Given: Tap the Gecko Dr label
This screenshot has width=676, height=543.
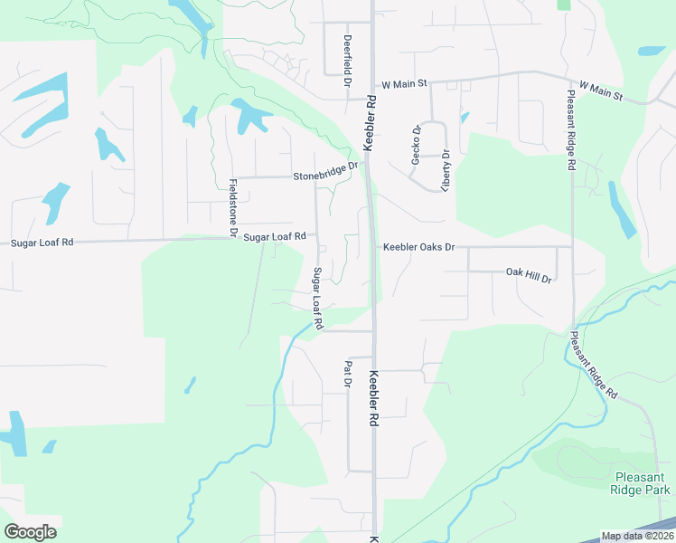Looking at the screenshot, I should tap(417, 142).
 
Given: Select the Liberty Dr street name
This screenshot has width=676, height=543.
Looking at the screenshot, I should tap(446, 169).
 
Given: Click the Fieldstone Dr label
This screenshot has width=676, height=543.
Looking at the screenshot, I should tap(232, 207).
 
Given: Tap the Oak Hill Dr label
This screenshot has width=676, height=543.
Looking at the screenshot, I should tap(528, 274).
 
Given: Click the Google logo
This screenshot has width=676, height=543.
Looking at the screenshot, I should tap(30, 531).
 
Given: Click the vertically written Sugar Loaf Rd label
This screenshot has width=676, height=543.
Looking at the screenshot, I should tap(317, 298).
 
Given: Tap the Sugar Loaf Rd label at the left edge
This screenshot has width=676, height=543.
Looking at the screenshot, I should tap(42, 243).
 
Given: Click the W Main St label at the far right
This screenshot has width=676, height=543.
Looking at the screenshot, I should tap(601, 90).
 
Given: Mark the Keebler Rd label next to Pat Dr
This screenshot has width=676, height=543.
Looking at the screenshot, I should tap(372, 398).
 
